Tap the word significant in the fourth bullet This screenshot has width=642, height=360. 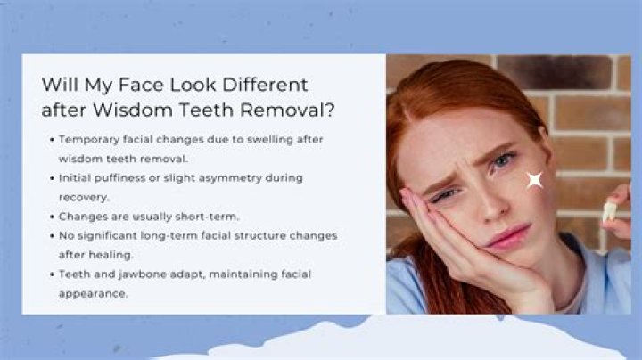(111, 236)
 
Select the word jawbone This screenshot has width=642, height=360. (142, 274)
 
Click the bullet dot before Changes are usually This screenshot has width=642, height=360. (52, 217)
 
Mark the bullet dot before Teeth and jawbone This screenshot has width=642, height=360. (52, 274)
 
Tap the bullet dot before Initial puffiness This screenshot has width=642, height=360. (52, 178)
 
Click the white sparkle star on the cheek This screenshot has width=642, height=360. (535, 180)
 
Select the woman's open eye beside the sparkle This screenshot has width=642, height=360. (504, 161)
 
